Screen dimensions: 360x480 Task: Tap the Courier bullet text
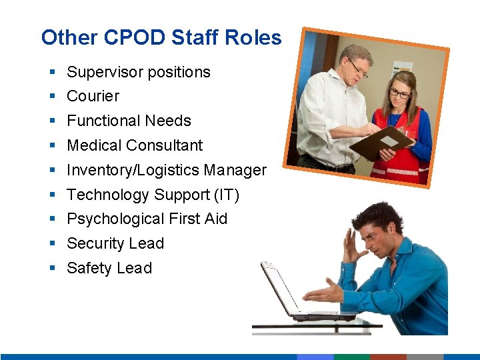pos(93,96)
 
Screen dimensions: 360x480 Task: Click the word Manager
pos(235,170)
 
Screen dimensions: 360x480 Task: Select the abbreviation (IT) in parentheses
pos(227,195)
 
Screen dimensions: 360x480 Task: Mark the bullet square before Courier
pos(52,97)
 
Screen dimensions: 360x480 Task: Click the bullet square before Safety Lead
pos(52,269)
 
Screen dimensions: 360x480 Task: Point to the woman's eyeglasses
pos(399,94)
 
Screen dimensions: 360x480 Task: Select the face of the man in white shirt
pos(355,67)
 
